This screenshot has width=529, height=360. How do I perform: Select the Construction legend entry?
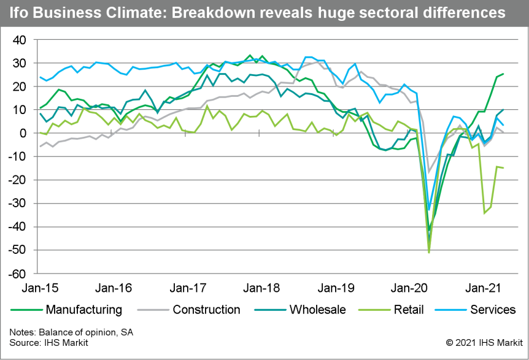coord(206,310)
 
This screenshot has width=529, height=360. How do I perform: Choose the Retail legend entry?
coord(408,310)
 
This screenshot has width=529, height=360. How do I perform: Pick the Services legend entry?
coord(493,310)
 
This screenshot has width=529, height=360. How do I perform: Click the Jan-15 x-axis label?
coord(36,288)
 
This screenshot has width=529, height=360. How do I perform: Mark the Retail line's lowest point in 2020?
coord(428,252)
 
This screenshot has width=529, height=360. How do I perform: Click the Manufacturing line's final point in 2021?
coord(504,74)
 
